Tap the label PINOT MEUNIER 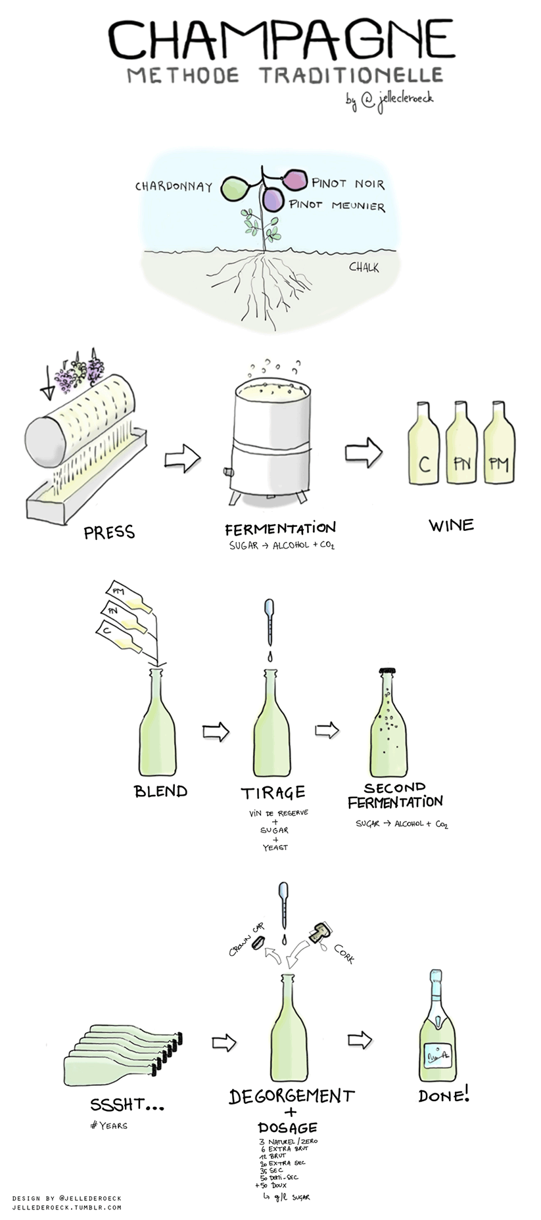pyautogui.click(x=337, y=206)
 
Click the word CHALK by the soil pyautogui.click(x=364, y=267)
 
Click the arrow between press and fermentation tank pyautogui.click(x=182, y=458)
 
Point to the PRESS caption pyautogui.click(x=109, y=532)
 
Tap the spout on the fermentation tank pyautogui.click(x=228, y=472)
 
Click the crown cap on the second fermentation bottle pyautogui.click(x=387, y=672)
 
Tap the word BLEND pyautogui.click(x=160, y=791)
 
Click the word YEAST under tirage pyautogui.click(x=275, y=847)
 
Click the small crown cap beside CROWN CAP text pyautogui.click(x=258, y=942)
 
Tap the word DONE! pyautogui.click(x=444, y=1095)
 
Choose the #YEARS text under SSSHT pyautogui.click(x=108, y=1125)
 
